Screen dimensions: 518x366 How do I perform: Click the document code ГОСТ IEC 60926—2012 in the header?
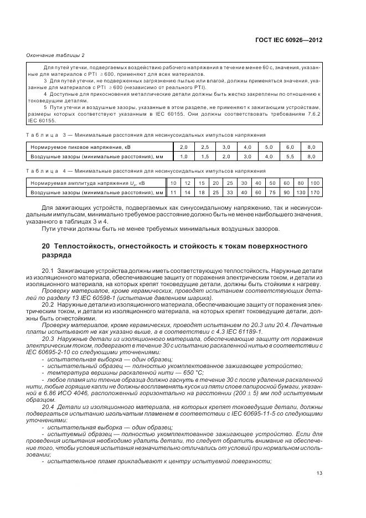point(288,40)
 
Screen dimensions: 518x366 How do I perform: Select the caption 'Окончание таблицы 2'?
point(55,55)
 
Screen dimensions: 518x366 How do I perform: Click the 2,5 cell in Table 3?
point(204,147)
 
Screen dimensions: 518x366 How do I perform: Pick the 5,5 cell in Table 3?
point(289,157)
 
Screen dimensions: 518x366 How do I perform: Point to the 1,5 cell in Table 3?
point(204,157)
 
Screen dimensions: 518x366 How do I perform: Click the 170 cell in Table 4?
point(315,193)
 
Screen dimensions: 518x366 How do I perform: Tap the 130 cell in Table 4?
point(301,193)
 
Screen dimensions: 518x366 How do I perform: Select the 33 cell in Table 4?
point(229,193)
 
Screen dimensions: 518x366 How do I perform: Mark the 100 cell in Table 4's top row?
point(315,183)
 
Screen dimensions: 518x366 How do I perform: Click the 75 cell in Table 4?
point(272,193)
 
